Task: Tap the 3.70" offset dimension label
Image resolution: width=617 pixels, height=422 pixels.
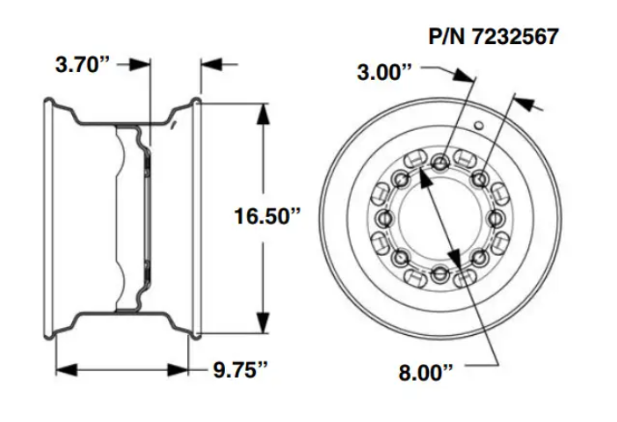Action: (x=82, y=66)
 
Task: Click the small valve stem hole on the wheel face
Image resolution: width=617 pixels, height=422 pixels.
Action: (x=478, y=127)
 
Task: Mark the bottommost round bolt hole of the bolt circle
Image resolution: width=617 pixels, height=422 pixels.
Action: (x=439, y=274)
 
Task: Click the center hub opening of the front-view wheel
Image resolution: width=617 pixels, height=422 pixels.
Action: (x=439, y=217)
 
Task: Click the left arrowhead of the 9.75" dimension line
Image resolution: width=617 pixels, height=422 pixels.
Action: (x=61, y=369)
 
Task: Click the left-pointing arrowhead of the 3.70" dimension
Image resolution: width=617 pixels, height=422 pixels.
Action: (x=207, y=65)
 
